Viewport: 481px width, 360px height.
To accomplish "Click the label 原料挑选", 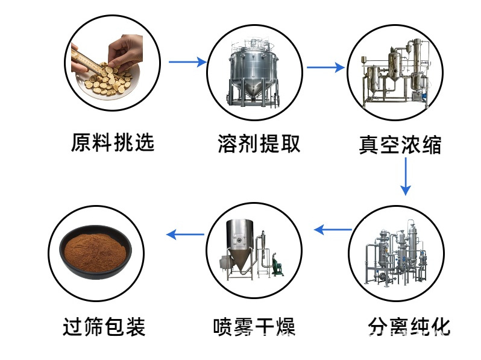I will (113, 143).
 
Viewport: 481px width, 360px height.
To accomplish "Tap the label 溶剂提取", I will (259, 144).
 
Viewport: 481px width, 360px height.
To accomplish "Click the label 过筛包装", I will (104, 326).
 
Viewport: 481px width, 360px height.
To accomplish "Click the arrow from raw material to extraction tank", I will (187, 62).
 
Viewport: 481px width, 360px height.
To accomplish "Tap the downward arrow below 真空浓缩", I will (406, 178).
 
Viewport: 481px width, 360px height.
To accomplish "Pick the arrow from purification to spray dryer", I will (333, 229).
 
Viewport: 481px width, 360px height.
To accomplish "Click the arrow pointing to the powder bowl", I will (185, 234).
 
